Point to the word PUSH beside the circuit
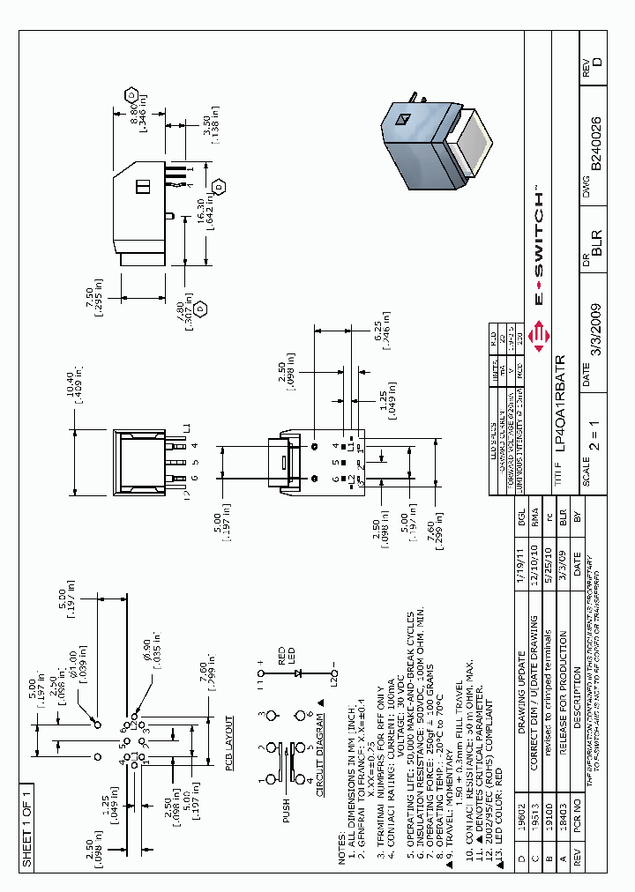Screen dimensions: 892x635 [286, 810]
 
